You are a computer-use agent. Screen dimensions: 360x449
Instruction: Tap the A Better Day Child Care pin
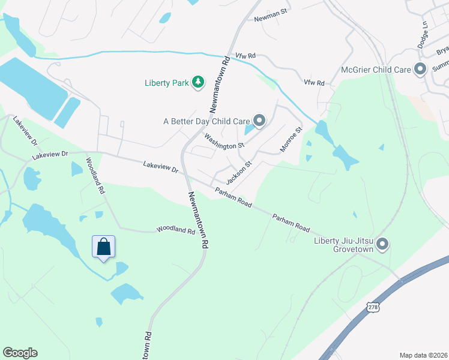tap(259, 121)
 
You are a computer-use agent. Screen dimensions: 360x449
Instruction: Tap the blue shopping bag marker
tap(103, 247)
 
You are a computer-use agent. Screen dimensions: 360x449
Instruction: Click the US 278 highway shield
tap(372, 307)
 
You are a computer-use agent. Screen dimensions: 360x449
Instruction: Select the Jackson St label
tap(238, 172)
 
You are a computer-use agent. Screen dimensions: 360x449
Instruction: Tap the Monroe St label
tap(291, 139)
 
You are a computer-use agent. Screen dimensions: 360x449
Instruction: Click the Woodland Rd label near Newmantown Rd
tap(176, 230)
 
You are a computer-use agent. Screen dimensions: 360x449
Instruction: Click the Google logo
tap(20, 353)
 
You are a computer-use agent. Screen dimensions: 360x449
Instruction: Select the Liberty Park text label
tap(166, 83)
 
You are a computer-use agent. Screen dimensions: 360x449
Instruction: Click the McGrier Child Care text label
tap(376, 70)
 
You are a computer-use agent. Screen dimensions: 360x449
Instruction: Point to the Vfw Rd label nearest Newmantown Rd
tap(246, 56)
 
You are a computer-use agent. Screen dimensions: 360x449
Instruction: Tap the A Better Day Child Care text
tap(206, 121)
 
